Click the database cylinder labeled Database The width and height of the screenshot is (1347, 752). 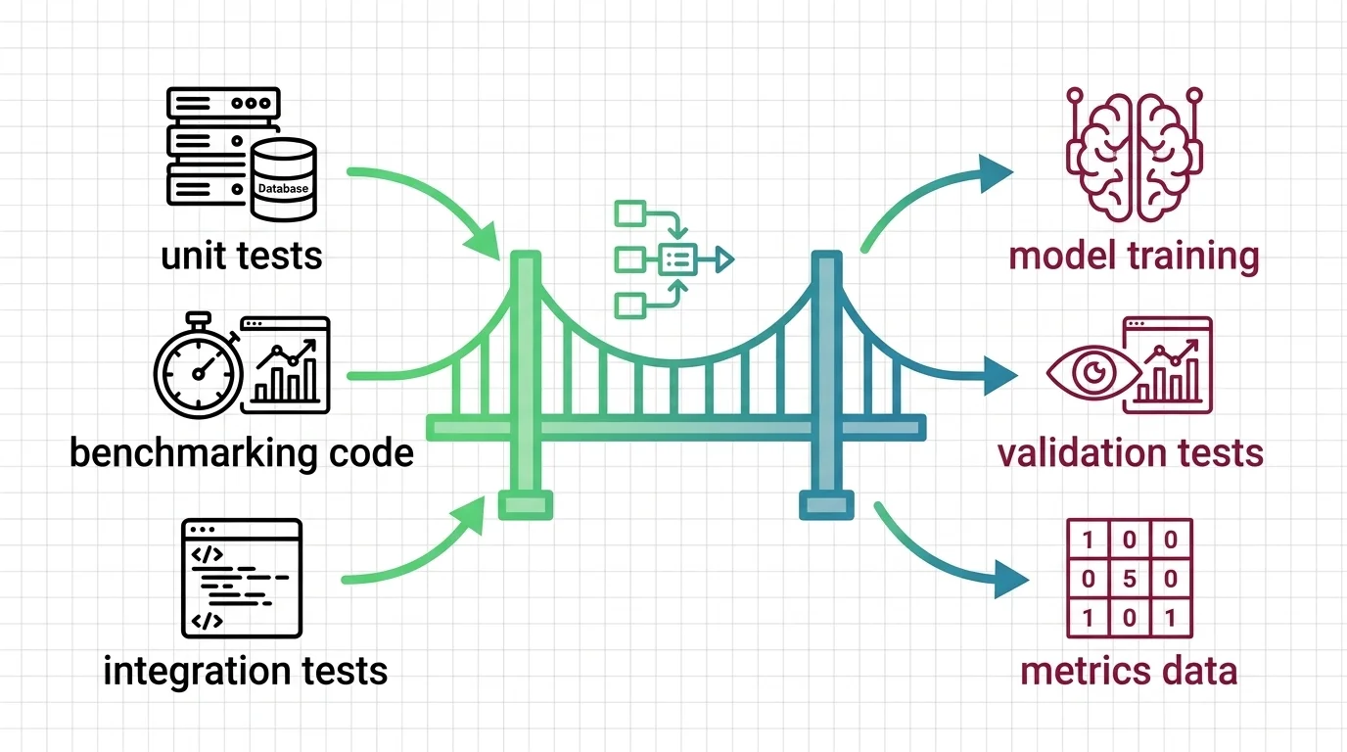[283, 179]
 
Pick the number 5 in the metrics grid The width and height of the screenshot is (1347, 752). [1128, 578]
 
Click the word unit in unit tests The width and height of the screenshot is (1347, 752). [194, 256]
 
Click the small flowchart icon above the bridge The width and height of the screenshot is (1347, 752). [670, 258]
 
